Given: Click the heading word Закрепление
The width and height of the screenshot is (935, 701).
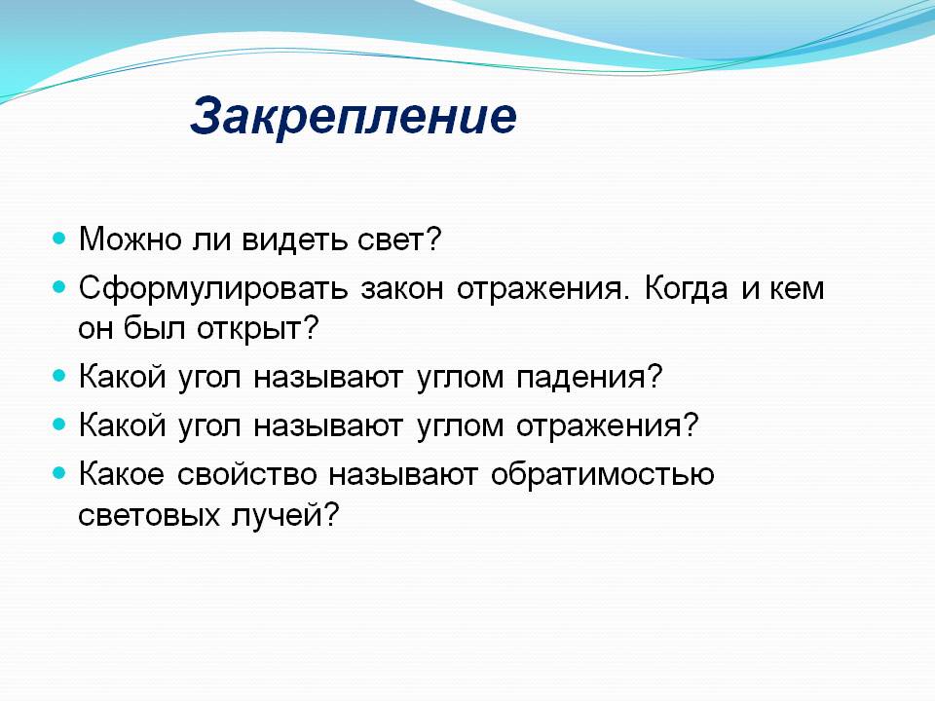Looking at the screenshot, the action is [354, 117].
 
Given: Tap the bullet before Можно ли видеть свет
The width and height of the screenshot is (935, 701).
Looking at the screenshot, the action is [58, 239].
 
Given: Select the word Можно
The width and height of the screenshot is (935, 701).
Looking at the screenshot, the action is [130, 240].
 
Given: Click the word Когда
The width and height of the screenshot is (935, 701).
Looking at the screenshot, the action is [686, 288].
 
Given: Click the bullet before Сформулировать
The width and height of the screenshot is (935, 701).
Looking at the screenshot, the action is [58, 287].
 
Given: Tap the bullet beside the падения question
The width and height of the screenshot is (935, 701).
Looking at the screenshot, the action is [58, 376].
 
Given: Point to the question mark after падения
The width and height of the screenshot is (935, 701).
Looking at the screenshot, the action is [655, 377].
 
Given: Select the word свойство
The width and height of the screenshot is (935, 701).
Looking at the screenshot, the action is [246, 475].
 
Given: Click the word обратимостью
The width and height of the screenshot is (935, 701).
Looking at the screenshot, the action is [602, 475].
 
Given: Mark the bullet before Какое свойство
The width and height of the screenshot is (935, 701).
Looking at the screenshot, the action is [58, 473].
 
